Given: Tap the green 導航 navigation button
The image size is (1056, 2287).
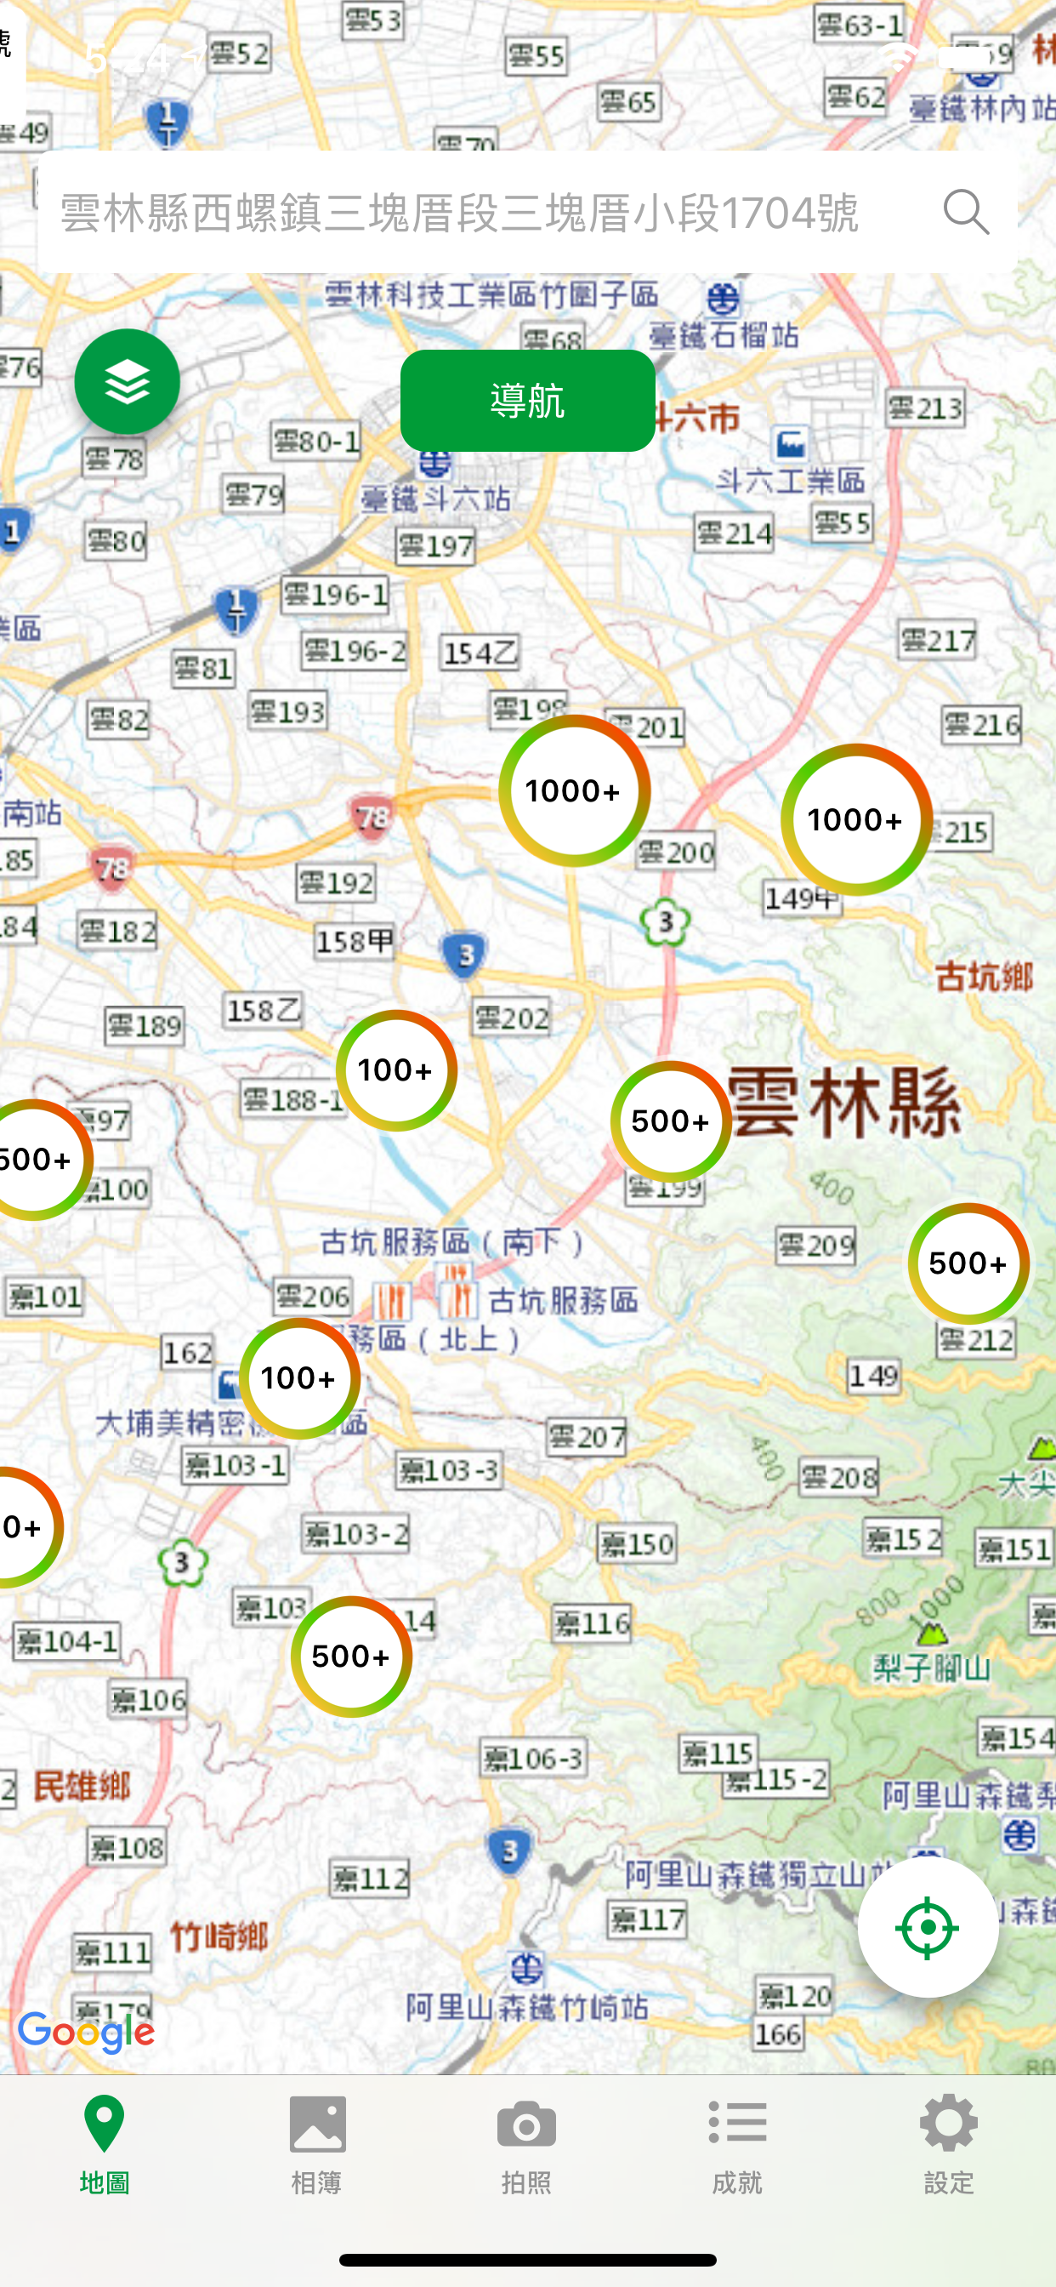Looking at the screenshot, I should [527, 401].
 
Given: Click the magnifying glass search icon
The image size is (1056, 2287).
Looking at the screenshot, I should [966, 211].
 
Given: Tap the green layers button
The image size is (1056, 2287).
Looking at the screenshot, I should [127, 382].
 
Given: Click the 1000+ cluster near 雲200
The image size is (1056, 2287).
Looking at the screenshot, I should [574, 790].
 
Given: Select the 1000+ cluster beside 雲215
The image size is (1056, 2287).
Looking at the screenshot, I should [855, 819].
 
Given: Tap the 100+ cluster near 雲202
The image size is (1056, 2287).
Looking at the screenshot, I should [395, 1069].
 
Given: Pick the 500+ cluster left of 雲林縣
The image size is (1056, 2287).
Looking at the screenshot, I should [671, 1121].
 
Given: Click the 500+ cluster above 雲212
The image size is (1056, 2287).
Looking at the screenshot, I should [968, 1263].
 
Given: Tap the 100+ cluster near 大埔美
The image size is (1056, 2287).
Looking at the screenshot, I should [299, 1377].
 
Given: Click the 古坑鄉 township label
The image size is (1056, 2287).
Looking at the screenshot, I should [984, 978].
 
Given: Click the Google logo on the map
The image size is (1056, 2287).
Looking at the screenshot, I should [86, 2033].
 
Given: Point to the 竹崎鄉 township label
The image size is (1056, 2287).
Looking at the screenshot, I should [219, 1936].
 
